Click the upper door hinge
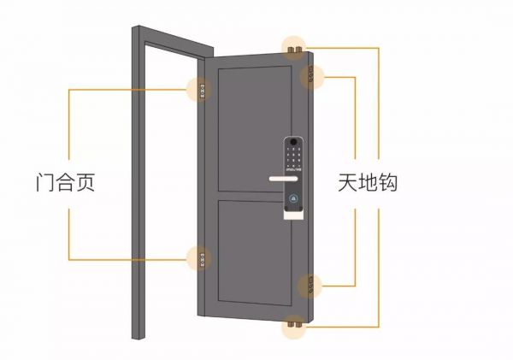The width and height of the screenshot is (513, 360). click(x=201, y=89)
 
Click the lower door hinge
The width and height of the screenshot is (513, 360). click(x=201, y=256)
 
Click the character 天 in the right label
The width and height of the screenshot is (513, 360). click(x=351, y=181)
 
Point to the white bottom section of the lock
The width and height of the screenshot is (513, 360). click(x=292, y=212)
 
